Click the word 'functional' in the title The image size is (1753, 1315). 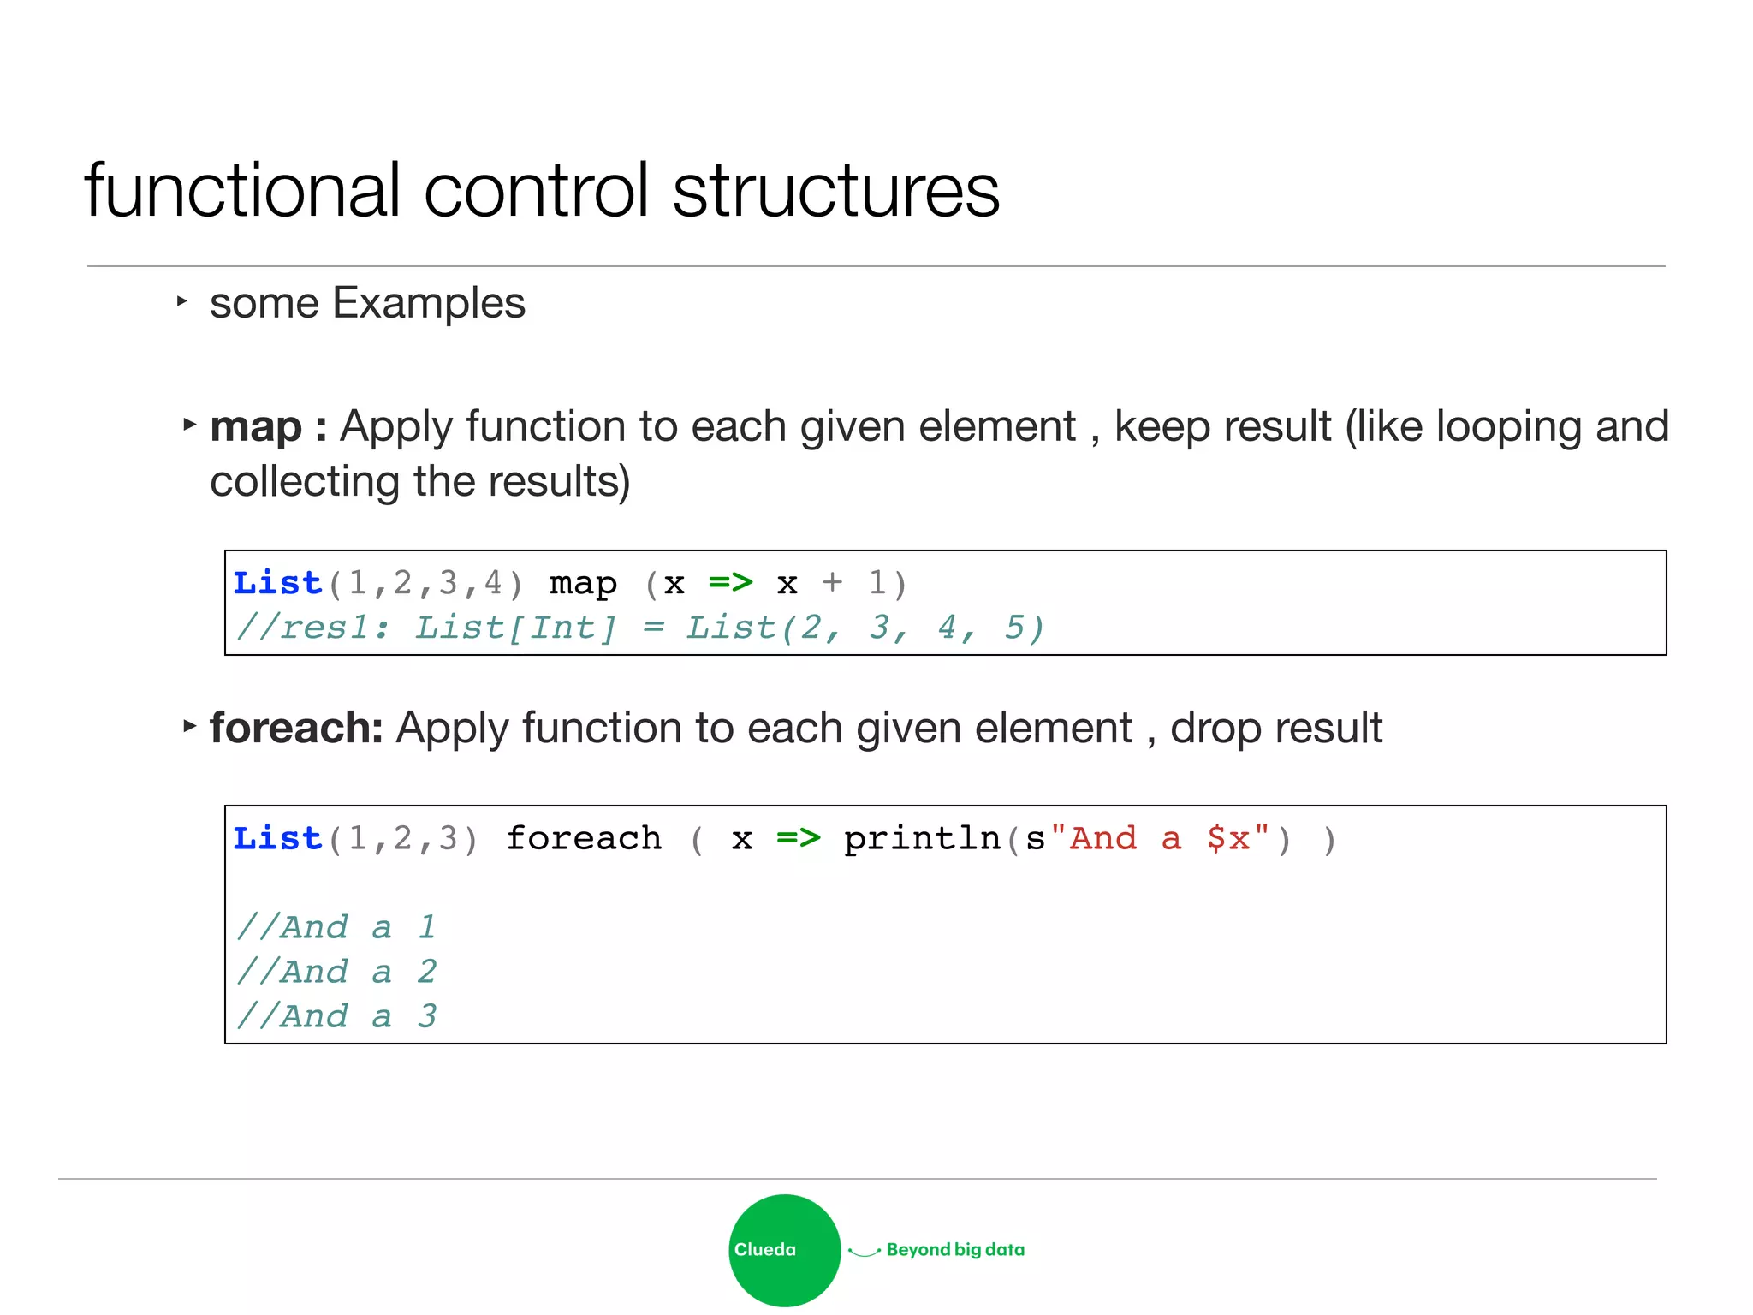pos(242,190)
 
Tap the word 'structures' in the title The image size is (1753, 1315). pos(835,190)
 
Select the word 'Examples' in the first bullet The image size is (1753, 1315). pos(429,303)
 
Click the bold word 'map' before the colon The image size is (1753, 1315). pos(256,426)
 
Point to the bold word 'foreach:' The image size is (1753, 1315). pos(296,728)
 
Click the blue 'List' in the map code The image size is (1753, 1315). pos(277,583)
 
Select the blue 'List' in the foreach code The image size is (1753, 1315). pos(277,838)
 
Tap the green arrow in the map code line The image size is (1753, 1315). pos(731,583)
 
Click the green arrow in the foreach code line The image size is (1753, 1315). pos(799,838)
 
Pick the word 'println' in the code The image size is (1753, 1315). pos(922,838)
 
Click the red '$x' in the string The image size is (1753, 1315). pos(1228,838)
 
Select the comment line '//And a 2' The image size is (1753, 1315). pos(336,972)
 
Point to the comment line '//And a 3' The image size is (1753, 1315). pos(336,1016)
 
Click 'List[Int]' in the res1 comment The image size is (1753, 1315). pos(515,628)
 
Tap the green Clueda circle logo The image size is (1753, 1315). pos(784,1250)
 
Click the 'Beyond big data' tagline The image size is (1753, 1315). pos(955,1250)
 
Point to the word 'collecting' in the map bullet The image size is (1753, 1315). pos(306,481)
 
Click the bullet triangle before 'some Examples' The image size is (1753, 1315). pos(181,301)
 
